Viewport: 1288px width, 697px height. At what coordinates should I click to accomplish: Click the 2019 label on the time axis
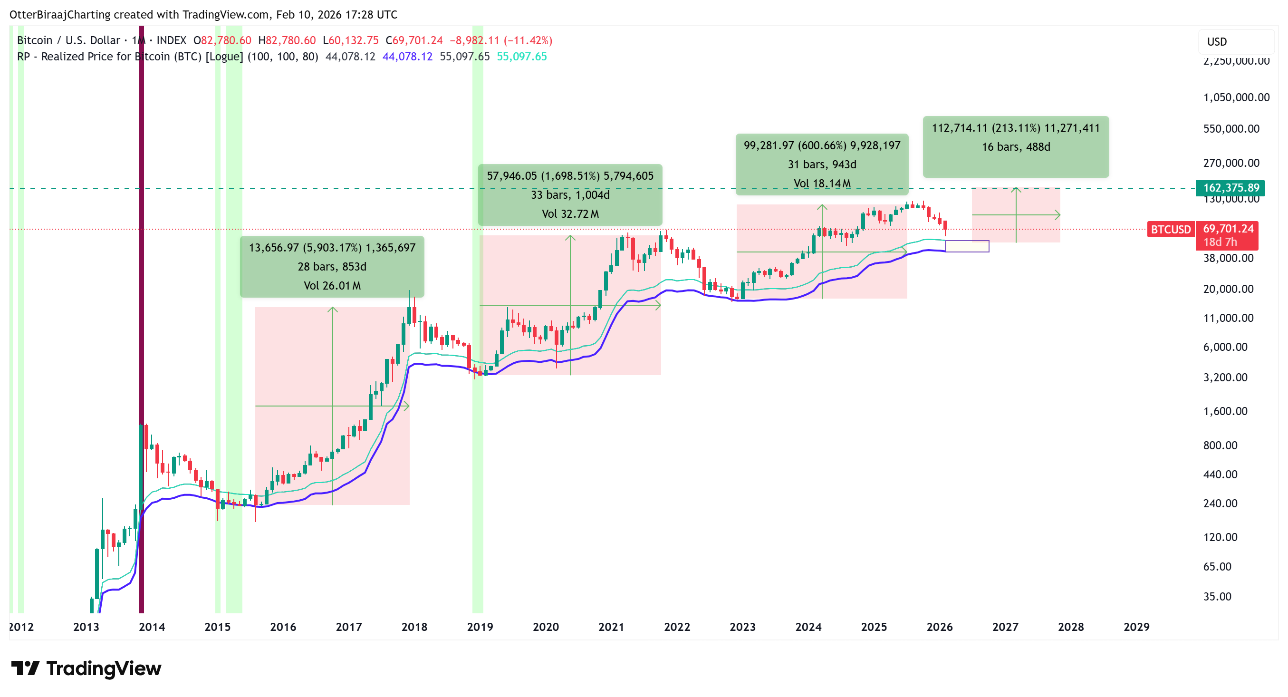[480, 627]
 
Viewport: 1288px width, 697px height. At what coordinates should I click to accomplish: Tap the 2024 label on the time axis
[808, 627]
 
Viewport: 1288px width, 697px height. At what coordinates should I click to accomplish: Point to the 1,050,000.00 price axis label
[1236, 97]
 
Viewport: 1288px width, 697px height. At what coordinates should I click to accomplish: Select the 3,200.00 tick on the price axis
[1225, 377]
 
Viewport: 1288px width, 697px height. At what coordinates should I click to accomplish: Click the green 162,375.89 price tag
[1230, 187]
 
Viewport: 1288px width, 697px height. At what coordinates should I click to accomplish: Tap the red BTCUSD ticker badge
[1171, 230]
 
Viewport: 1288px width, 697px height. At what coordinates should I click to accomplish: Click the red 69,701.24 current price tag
[1228, 229]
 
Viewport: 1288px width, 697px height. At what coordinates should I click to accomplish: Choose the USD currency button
[1217, 41]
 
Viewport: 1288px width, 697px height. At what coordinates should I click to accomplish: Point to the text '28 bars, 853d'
[332, 267]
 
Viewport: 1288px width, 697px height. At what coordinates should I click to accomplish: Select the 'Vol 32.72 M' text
[570, 213]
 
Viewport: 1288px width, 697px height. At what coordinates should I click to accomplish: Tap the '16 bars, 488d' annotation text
[1016, 146]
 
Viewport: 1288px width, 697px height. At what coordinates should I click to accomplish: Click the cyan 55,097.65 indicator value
[521, 57]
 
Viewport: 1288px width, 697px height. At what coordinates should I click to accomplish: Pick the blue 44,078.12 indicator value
[407, 57]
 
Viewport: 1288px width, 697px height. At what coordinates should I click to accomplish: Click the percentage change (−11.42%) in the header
[528, 40]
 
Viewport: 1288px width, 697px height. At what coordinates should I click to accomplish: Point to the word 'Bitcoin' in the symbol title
[35, 40]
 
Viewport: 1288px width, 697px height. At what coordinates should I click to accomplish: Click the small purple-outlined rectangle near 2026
[967, 246]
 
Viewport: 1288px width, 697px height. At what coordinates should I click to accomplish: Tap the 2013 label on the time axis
[86, 627]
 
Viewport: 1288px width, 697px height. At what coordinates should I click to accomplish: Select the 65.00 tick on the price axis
[1217, 567]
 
